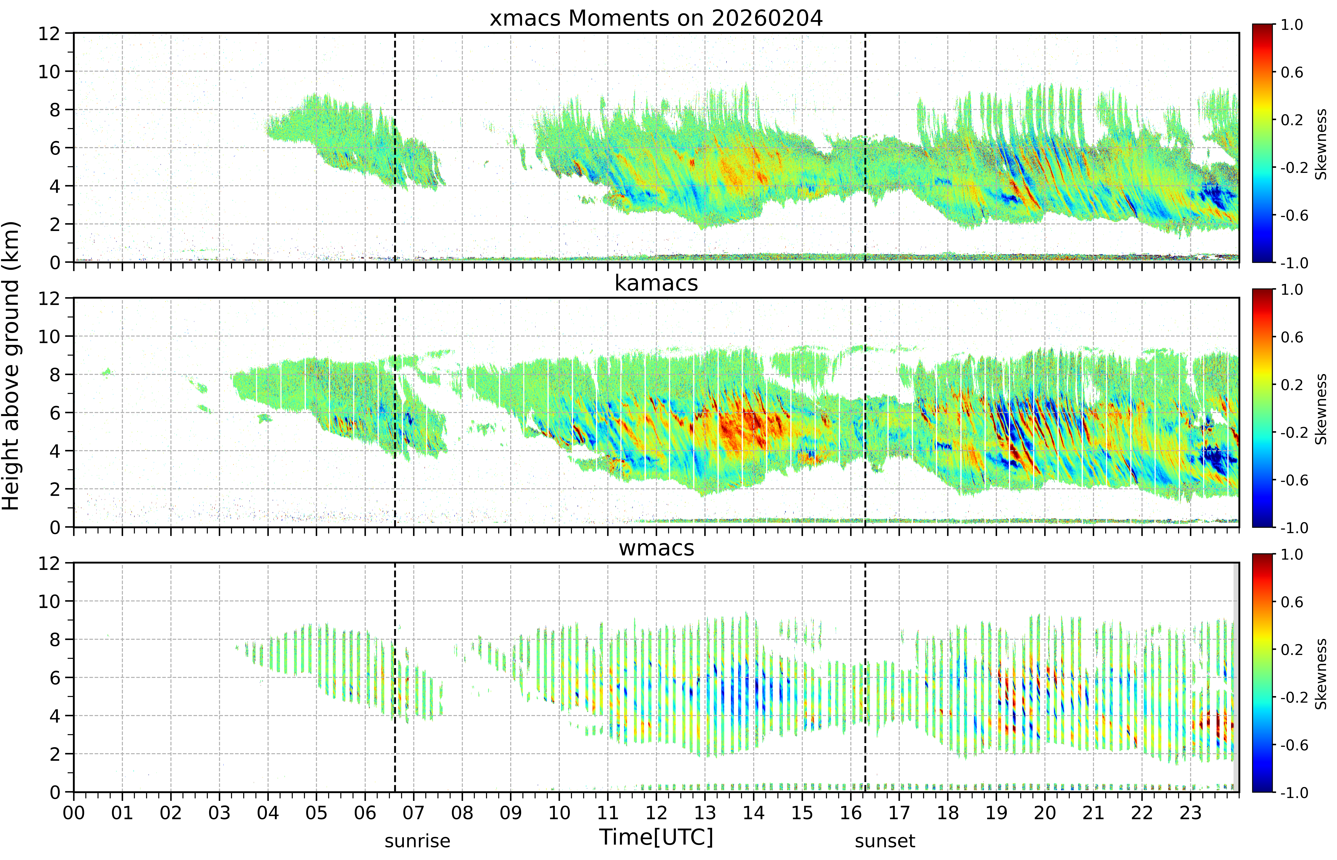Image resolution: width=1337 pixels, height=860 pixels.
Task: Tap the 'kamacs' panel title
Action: [656, 283]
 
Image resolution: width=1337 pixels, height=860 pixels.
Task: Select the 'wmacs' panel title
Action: [656, 548]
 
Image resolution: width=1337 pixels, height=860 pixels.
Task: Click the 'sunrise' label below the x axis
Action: [417, 841]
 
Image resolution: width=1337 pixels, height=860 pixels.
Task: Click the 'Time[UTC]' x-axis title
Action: [656, 837]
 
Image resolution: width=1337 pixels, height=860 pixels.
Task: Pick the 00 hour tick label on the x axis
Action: [74, 812]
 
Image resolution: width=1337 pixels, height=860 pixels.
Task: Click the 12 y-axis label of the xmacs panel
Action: [49, 34]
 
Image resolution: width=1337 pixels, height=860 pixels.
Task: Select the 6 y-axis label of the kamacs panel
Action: [55, 413]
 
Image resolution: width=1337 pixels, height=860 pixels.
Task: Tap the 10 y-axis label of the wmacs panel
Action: [49, 601]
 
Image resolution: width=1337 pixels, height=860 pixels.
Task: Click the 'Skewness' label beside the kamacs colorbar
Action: [1321, 409]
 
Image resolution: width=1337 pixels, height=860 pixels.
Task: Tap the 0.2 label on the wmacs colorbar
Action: [1292, 650]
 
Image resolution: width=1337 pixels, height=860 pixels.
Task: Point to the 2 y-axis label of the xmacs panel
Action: [55, 224]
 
